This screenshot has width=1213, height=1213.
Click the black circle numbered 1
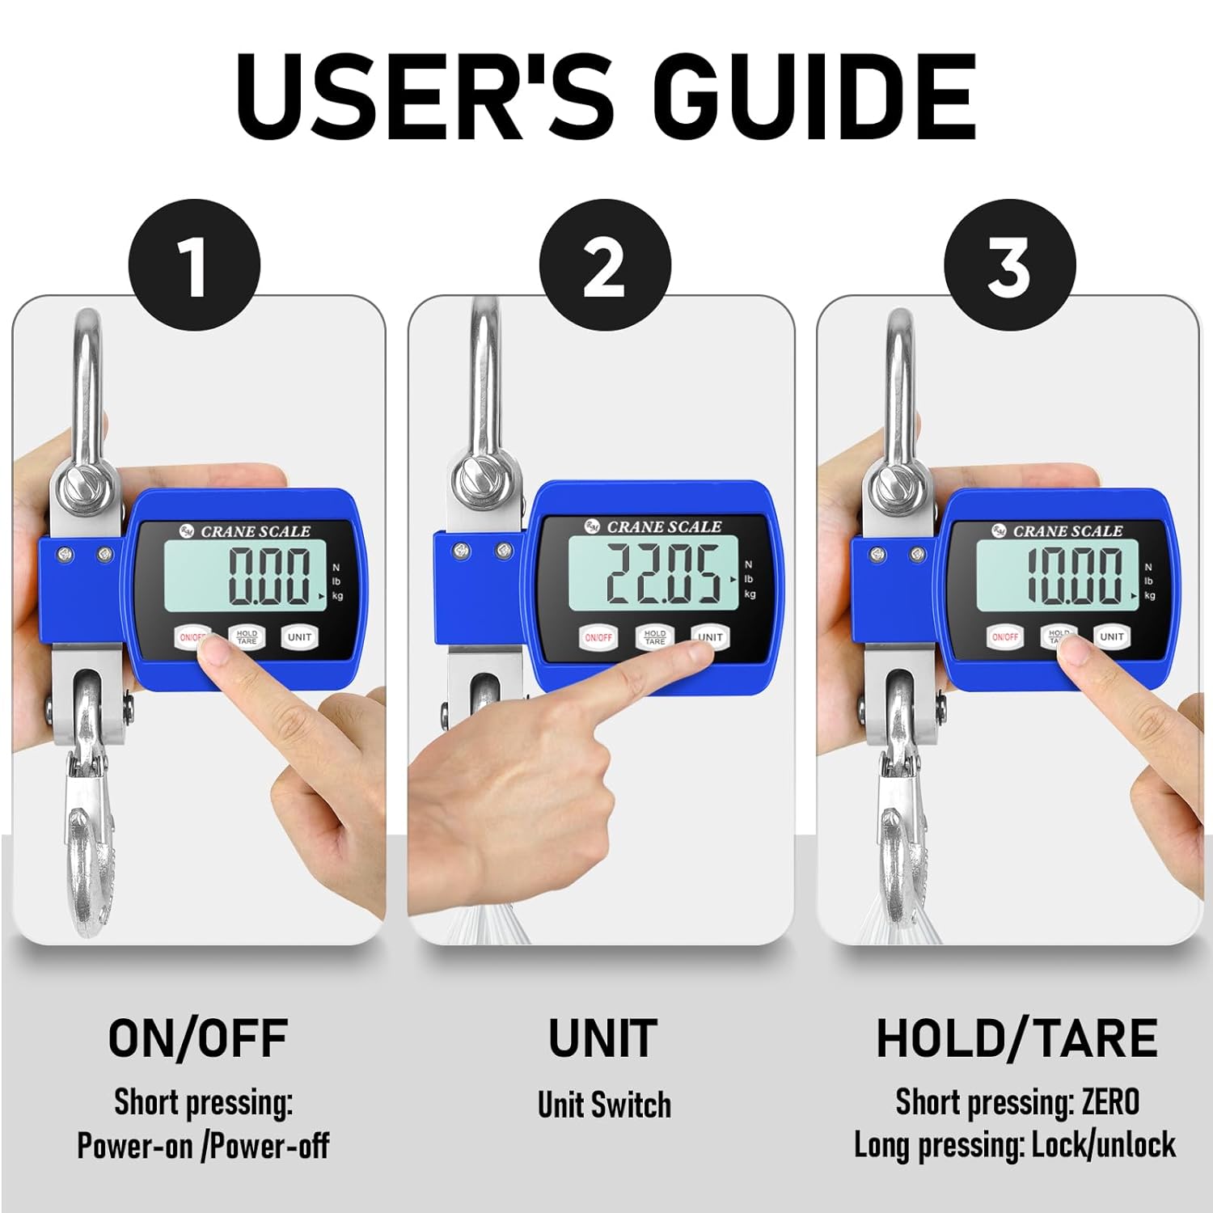click(195, 265)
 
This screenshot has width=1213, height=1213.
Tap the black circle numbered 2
click(605, 265)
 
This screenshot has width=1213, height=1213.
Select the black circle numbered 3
click(1010, 265)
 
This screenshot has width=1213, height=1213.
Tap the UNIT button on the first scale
click(299, 637)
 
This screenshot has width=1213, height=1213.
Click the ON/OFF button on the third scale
click(1005, 637)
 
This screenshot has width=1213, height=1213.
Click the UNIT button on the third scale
click(1112, 636)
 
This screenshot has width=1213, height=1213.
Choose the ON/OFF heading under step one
click(198, 1038)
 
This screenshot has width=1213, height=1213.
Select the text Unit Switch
click(604, 1105)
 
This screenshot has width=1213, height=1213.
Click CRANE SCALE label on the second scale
click(664, 526)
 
